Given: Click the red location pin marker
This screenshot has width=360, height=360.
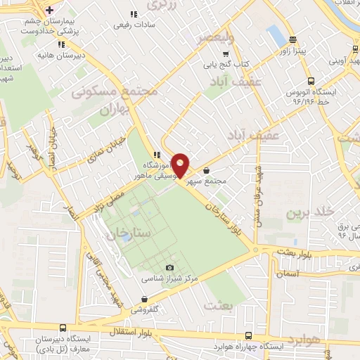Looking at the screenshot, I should click(181, 166).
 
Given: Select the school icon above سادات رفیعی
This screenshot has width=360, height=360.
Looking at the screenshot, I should click(133, 14).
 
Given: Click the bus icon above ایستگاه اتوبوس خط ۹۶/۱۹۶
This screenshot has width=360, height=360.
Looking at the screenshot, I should click(310, 80).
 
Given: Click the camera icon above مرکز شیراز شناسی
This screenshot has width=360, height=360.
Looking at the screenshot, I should click(169, 268).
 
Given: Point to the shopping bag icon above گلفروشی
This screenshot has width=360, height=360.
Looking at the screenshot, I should click(159, 297).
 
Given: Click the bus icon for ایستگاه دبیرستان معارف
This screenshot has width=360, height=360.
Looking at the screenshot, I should click(63, 328).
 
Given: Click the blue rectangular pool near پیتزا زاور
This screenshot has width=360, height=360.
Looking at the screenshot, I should click(275, 33).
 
